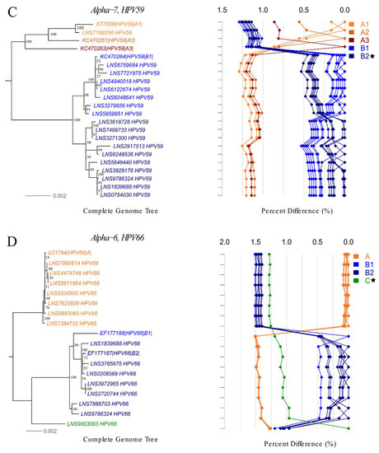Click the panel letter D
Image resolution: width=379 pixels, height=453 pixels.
[7, 241]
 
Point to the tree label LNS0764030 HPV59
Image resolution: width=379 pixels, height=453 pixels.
[130, 195]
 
